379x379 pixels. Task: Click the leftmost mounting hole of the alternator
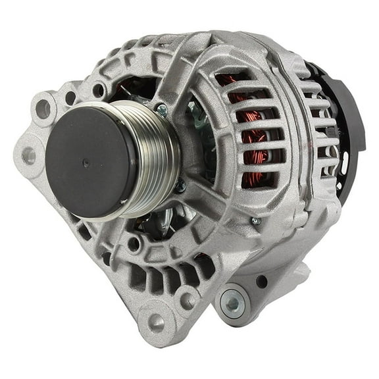(x=28, y=156)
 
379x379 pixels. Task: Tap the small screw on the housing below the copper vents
(x=256, y=221)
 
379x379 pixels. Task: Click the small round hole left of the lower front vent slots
(x=134, y=243)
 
